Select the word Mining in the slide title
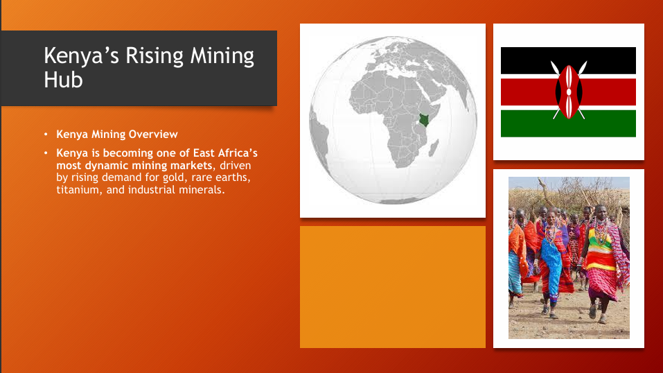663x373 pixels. coord(222,56)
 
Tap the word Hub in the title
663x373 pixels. coord(64,80)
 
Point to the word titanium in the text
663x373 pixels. coord(79,190)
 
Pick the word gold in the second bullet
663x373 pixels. coord(174,177)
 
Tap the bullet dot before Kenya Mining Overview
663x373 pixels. coord(46,135)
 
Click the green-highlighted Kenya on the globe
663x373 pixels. coord(424,120)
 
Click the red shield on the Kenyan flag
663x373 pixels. coord(569,92)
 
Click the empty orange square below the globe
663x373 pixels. coord(393,287)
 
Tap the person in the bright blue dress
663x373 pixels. coord(552,263)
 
